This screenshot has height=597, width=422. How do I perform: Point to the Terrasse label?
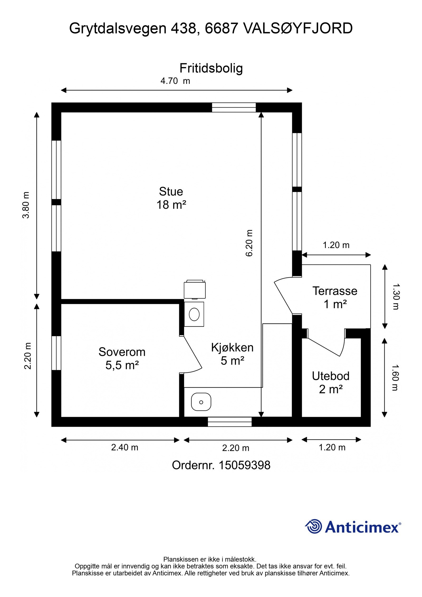(335, 291)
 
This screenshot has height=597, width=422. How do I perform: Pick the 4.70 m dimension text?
(175, 81)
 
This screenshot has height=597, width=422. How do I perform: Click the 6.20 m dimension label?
(249, 243)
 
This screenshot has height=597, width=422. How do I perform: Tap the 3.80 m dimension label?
(26, 205)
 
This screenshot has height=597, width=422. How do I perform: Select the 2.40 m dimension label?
(124, 447)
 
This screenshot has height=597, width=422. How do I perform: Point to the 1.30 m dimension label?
(396, 296)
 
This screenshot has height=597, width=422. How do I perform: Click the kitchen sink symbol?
(201, 402)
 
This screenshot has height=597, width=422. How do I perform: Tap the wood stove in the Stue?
(195, 289)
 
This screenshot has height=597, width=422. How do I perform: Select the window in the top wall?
(234, 107)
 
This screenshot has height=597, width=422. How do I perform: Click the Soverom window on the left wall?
(56, 353)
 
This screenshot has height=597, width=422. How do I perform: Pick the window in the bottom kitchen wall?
(230, 422)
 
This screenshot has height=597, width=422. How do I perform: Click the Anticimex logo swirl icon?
(314, 526)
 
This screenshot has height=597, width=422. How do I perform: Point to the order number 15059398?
(244, 465)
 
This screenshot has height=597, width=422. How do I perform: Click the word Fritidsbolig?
(211, 69)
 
